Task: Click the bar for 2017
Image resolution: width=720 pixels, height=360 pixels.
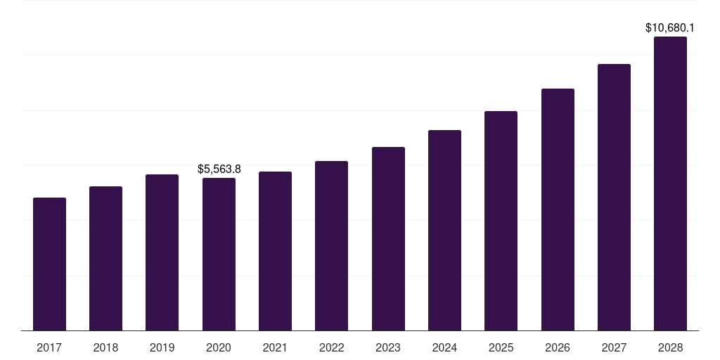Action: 49,264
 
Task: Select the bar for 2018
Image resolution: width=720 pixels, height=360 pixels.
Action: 105,258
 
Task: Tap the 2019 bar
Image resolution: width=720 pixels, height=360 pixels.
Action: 162,252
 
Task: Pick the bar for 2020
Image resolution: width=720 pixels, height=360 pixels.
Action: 219,254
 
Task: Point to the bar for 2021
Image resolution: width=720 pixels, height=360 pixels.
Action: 275,251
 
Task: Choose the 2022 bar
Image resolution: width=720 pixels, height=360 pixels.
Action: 331,245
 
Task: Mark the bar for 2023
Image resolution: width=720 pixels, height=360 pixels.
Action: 388,238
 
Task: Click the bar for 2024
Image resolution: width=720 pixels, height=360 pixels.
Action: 444,230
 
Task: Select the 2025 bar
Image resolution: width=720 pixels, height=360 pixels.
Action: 501,221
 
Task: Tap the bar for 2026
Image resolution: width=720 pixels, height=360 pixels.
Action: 558,210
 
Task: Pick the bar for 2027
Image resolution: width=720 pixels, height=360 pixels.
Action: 614,197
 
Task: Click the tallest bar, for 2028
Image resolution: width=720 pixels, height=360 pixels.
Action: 670,184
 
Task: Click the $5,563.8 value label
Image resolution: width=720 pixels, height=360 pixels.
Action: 219,169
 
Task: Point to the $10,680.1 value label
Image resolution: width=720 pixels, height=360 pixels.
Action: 670,28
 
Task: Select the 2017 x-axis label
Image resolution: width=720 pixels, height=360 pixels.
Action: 49,347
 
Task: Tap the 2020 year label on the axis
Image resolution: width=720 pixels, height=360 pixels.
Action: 219,347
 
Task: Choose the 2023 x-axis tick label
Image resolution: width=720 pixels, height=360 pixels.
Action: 388,347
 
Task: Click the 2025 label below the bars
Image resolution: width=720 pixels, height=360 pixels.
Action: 501,347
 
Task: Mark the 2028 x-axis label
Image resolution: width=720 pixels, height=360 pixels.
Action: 670,347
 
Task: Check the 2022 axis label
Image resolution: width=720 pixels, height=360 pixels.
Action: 331,347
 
